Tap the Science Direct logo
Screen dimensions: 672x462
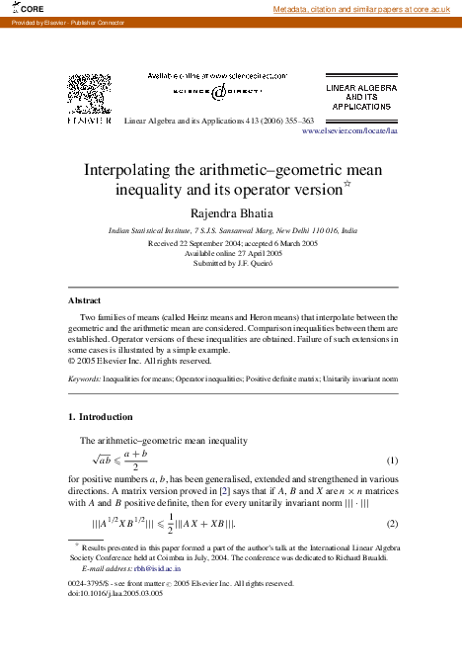[x=217, y=90]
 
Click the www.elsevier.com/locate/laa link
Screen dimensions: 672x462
[x=348, y=129]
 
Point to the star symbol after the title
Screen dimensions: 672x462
[x=346, y=184]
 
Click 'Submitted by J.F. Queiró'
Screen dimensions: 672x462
[x=232, y=263]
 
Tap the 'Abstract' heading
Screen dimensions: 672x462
[x=84, y=299]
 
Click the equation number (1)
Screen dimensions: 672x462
[x=391, y=461]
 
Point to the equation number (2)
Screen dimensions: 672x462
[x=391, y=523]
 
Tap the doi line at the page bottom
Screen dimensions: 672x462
[x=115, y=593]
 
